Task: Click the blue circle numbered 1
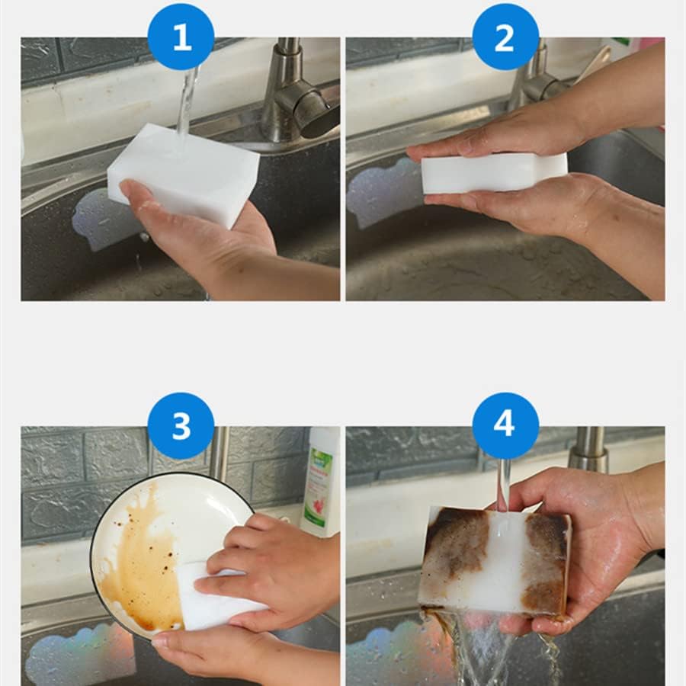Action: pos(181,37)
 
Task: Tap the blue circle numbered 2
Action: pos(505,37)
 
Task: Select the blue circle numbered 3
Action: pos(181,425)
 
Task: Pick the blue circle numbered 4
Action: pos(505,425)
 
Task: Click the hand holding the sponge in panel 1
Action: pos(206,236)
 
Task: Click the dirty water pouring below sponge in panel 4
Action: pos(480,652)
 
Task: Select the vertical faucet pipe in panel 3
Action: pos(220,454)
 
